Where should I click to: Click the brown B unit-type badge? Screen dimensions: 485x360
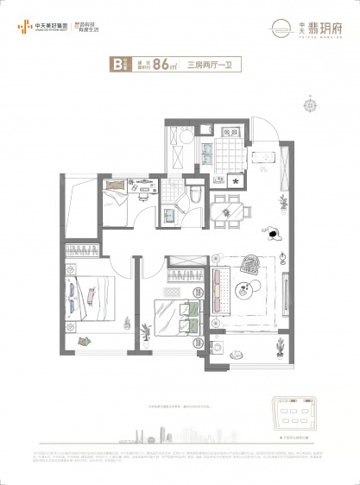[114, 62]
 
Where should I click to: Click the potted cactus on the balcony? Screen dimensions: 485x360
[280, 350]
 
